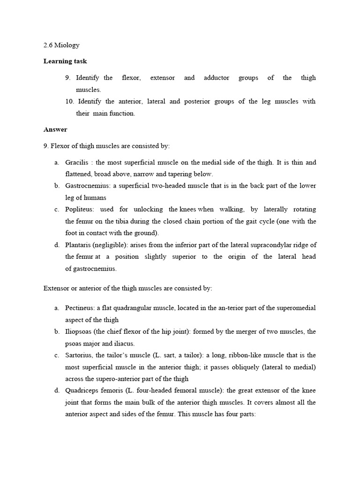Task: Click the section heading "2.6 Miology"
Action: tap(61, 45)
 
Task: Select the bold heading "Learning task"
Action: tap(65, 61)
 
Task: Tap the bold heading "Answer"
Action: tap(55, 129)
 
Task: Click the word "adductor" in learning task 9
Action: tap(217, 78)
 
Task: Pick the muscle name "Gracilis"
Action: tap(76, 163)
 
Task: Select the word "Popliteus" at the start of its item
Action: tap(79, 210)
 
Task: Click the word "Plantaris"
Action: tap(78, 245)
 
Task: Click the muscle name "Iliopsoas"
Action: tap(79, 331)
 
